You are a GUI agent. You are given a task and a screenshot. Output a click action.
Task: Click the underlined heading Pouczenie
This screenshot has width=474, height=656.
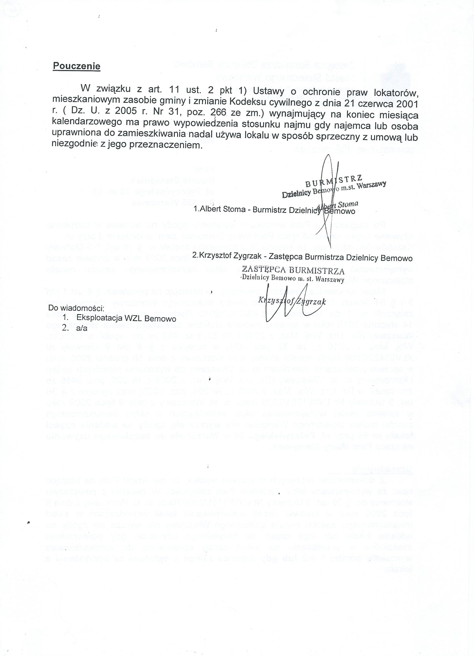point(76,66)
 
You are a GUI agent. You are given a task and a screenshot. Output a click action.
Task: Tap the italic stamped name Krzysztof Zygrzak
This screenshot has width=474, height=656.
point(292,301)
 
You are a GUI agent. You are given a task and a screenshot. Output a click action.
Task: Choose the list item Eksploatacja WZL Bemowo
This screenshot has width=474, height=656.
point(126,318)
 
